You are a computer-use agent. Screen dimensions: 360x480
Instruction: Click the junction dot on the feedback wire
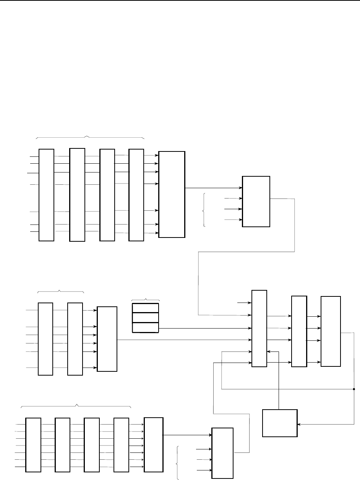click(354, 389)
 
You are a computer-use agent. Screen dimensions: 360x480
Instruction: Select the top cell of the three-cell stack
click(145, 308)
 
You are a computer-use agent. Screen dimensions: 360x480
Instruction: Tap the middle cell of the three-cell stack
click(145, 318)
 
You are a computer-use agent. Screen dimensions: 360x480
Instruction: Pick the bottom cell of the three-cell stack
click(145, 328)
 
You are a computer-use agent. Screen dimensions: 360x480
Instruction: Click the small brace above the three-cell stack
click(145, 299)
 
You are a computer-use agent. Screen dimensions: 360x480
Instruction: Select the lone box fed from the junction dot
click(280, 423)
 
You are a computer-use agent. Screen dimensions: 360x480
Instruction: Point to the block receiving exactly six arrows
click(107, 339)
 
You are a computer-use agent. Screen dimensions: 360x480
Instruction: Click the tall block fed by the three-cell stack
click(259, 329)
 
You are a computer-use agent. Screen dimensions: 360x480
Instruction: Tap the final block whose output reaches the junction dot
click(331, 331)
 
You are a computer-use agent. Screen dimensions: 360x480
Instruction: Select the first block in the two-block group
click(45, 339)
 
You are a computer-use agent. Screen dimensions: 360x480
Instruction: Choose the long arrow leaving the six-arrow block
click(183, 340)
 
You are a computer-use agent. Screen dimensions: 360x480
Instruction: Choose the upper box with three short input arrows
click(256, 202)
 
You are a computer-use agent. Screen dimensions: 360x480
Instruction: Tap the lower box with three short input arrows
click(222, 453)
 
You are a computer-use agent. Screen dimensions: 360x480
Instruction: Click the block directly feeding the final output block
click(299, 331)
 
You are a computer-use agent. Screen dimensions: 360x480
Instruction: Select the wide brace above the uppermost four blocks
click(89, 137)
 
